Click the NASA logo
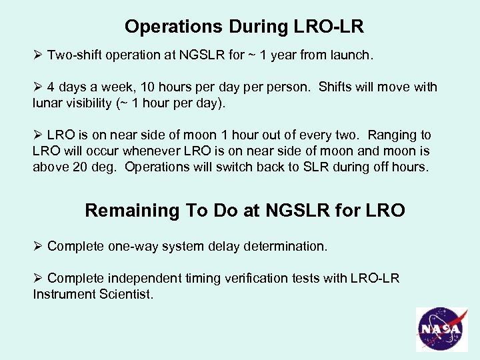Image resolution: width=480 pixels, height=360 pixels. [x=442, y=329]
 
